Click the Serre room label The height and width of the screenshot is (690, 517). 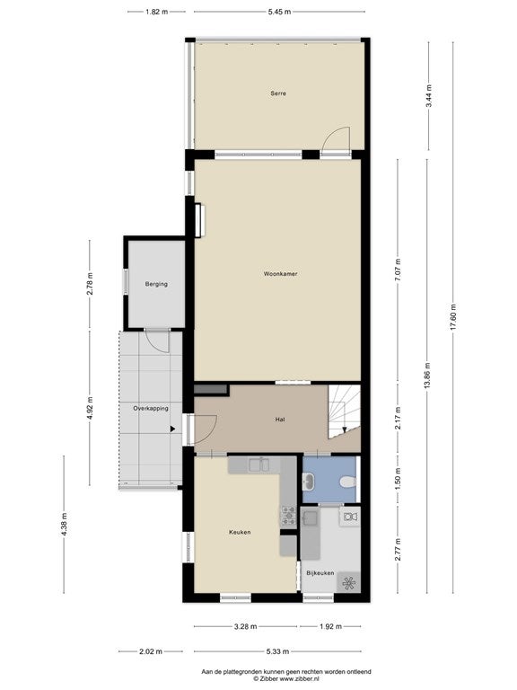point(278,93)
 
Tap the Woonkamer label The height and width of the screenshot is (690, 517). point(280,274)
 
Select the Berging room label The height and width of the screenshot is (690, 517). point(156,284)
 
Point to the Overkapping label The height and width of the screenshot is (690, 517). point(151,409)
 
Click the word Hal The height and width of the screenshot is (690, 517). point(280,420)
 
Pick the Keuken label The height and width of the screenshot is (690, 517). point(240,532)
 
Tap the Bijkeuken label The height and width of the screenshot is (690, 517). point(320,573)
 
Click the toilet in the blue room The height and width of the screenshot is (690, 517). point(347,482)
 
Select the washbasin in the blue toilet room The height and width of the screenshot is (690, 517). point(308,482)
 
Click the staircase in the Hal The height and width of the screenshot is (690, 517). point(345,411)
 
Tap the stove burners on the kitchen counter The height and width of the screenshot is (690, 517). point(289,516)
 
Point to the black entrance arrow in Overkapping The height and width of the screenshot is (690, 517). point(172,429)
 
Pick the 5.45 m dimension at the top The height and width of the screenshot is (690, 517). point(280,12)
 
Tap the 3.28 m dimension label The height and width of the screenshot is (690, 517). point(245,626)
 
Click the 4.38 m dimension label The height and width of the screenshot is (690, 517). point(65,525)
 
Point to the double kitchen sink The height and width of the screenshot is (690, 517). point(258,464)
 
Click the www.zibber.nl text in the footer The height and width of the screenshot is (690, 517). point(299,678)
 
